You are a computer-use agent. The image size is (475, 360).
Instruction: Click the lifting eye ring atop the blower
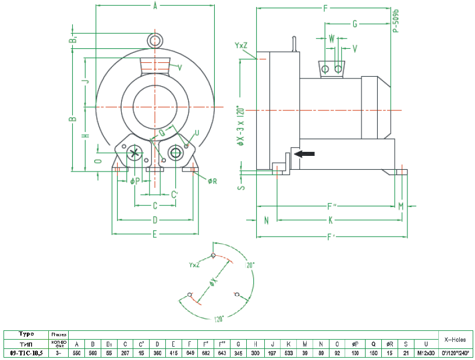[x=155, y=40]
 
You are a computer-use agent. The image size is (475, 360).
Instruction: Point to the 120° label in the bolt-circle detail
[x=219, y=319]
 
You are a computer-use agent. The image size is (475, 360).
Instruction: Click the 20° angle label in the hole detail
[x=251, y=265]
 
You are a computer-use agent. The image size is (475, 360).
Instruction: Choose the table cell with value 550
[x=77, y=353]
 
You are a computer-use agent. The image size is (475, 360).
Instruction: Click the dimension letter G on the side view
[x=354, y=24]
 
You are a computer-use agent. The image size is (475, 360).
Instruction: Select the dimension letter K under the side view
[x=330, y=220]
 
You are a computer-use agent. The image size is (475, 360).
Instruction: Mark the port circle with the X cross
[x=136, y=152]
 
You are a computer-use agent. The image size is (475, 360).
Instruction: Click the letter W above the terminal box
[x=332, y=38]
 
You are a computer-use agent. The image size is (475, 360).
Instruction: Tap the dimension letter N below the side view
[x=266, y=220]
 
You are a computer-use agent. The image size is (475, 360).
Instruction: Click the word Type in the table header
[x=26, y=334]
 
